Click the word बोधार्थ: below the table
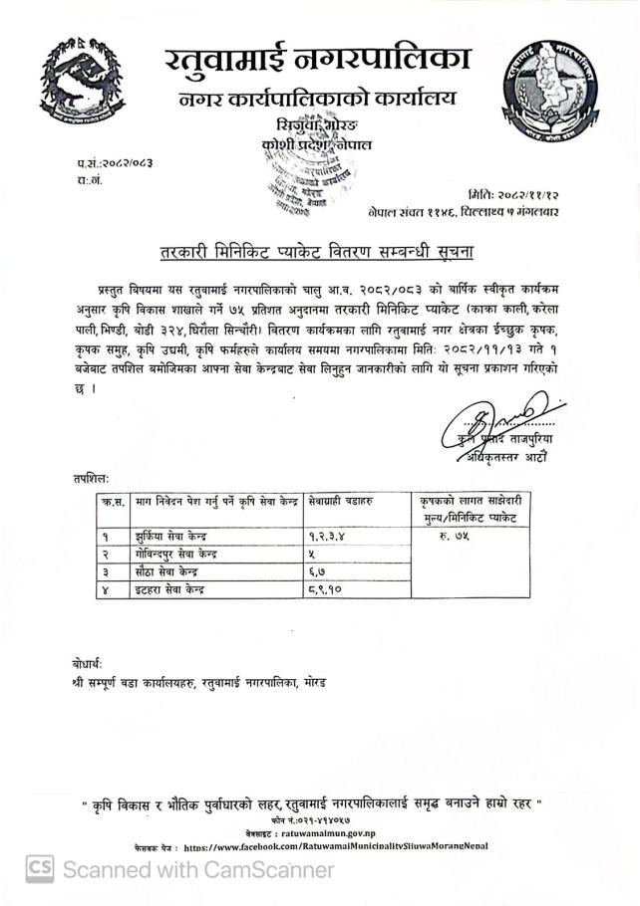87,663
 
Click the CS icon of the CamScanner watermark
40,868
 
